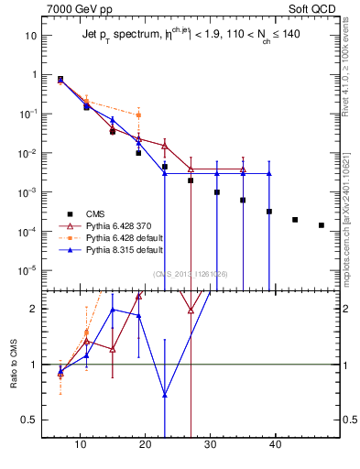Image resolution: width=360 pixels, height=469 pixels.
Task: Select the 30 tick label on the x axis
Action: point(211,445)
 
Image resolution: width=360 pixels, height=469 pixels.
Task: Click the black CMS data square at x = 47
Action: point(321,225)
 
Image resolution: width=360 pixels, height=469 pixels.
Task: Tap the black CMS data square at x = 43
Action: point(295,220)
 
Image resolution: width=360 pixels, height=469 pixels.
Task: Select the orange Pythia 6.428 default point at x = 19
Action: point(138,115)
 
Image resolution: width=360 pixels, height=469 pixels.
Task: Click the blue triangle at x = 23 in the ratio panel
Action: point(165,396)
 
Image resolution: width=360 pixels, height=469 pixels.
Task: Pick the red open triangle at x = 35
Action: point(243,169)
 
